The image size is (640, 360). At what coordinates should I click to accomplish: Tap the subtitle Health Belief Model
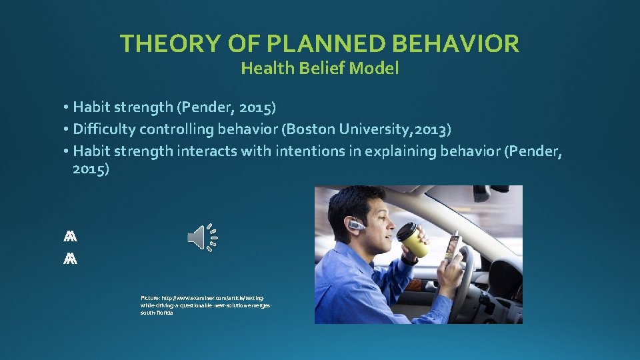point(319,68)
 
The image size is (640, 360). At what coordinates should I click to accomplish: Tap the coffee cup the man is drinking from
point(413,239)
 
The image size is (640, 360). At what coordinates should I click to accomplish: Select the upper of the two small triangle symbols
point(71,237)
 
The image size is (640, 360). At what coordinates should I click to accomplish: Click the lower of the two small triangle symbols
point(71,259)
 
